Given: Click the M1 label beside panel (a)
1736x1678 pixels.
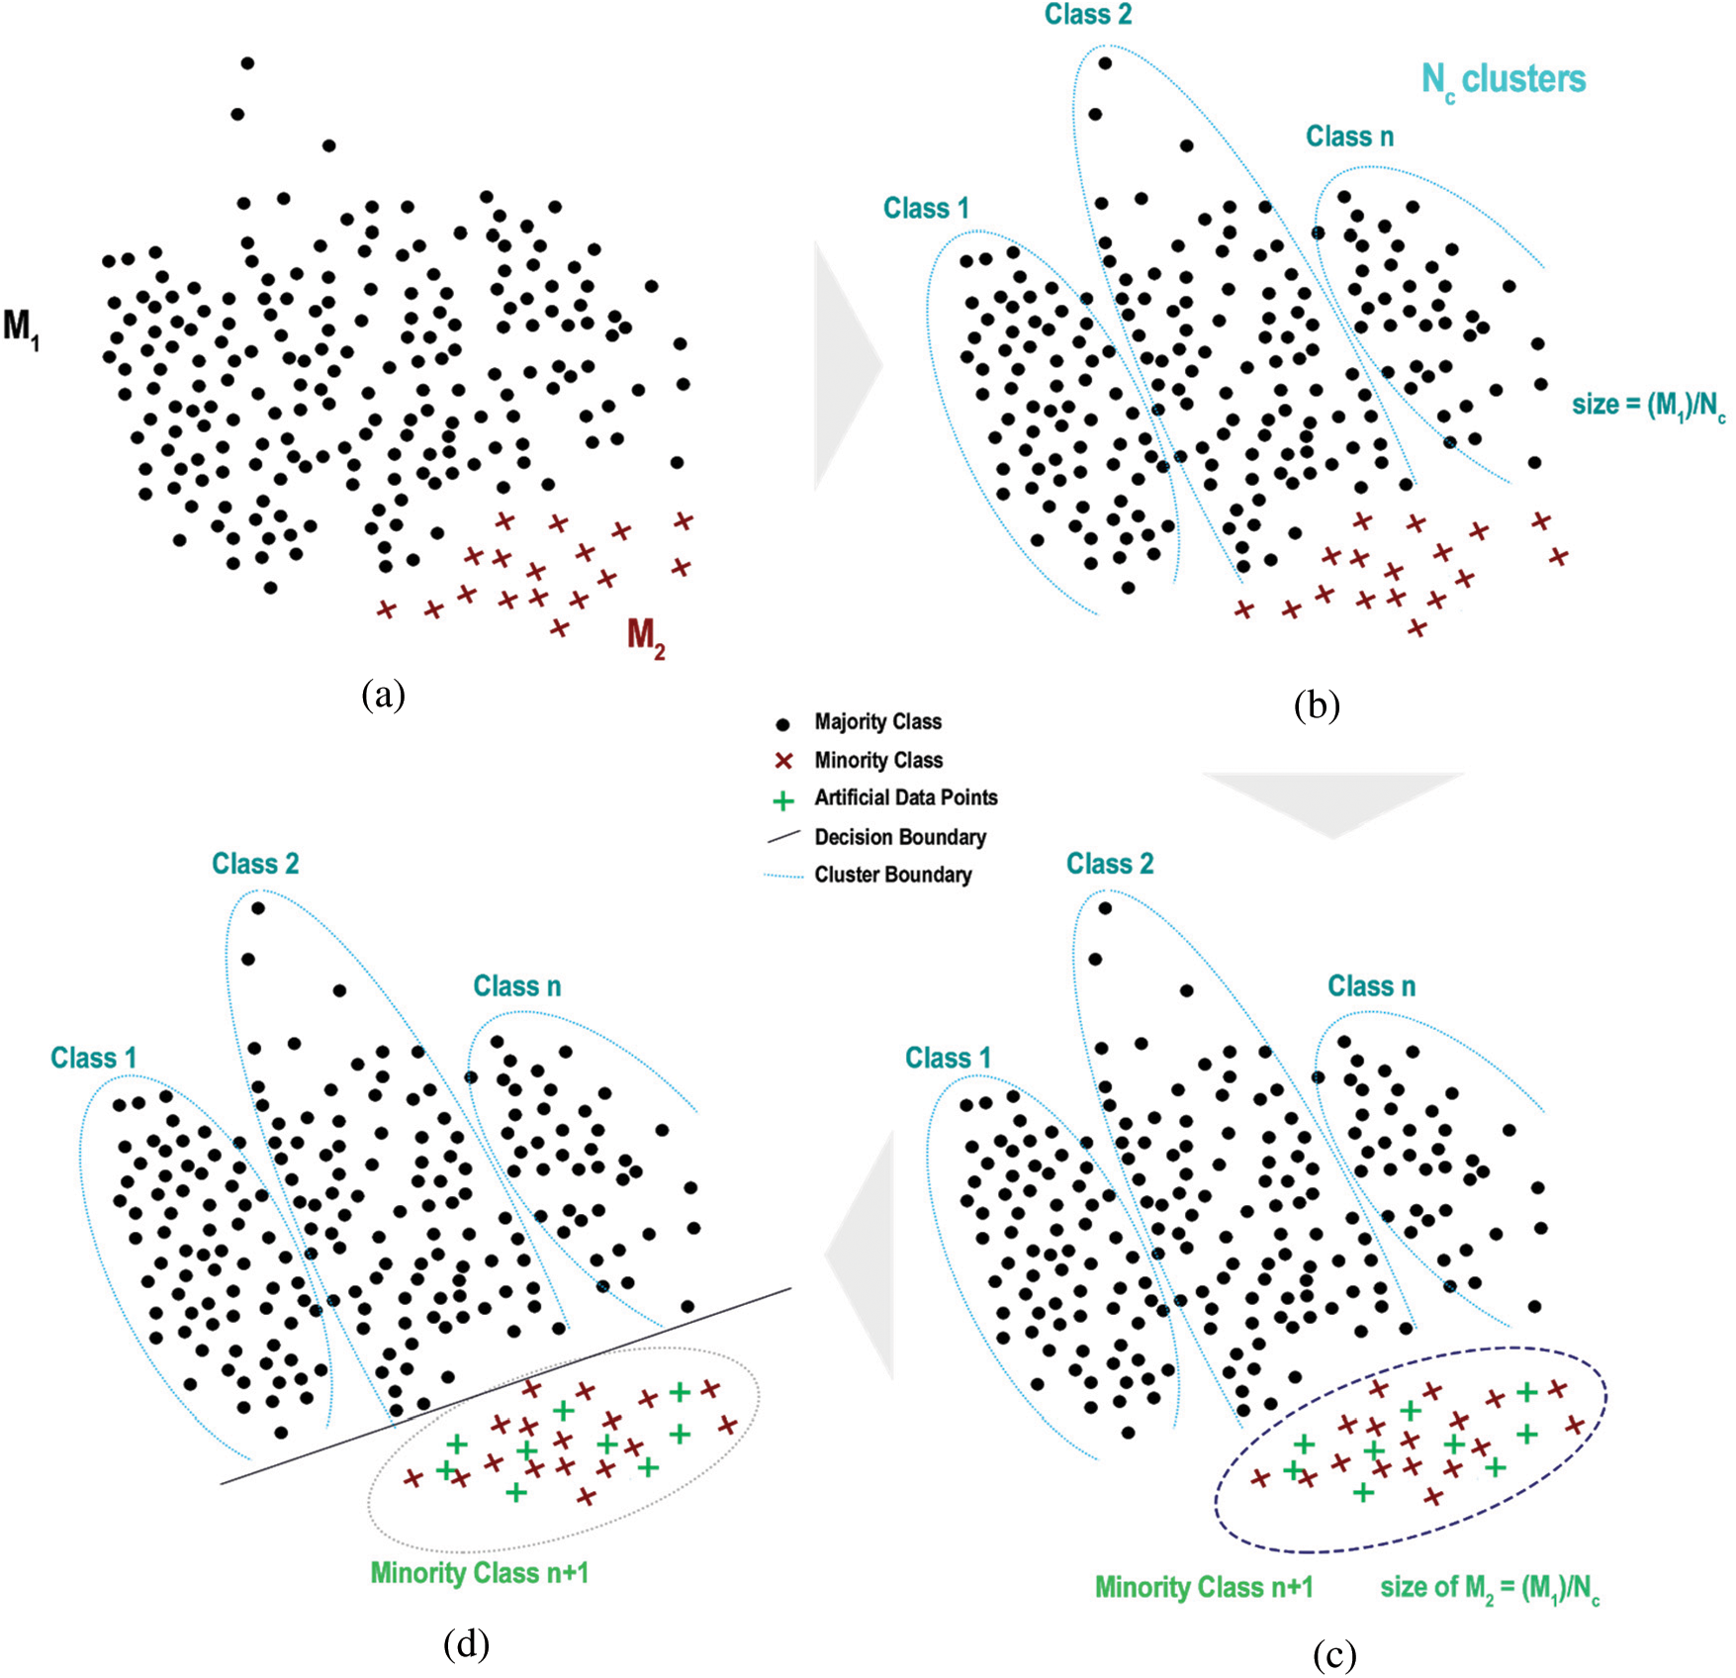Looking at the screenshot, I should pos(21,326).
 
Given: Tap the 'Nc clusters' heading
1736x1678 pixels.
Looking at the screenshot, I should pos(1503,80).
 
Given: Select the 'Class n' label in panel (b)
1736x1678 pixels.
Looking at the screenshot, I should pos(1349,137).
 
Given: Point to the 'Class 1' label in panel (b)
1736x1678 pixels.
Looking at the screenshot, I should pos(926,209).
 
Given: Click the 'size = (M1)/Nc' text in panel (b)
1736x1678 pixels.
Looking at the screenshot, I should pos(1648,406).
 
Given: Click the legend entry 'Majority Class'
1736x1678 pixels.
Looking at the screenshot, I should pos(877,722).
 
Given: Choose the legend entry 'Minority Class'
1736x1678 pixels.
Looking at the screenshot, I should pos(877,760).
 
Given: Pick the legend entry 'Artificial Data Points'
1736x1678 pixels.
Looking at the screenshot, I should pos(905,797).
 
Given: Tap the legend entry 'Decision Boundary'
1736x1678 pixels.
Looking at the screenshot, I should pos(899,837).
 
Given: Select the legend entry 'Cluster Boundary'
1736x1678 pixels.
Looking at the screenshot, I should pos(892,875).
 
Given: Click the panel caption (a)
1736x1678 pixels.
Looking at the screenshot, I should pos(383,696).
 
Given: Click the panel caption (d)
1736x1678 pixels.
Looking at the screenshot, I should pos(466,1642).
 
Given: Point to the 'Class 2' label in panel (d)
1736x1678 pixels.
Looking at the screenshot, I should pos(255,864).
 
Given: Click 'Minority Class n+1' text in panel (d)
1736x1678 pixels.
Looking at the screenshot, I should pos(479,1573).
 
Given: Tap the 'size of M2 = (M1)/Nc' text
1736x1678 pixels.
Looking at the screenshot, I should pos(1489,1588).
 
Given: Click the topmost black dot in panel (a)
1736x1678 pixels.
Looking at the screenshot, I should pos(247,63).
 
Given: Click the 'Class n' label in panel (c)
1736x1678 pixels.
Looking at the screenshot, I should pos(1371,986).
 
